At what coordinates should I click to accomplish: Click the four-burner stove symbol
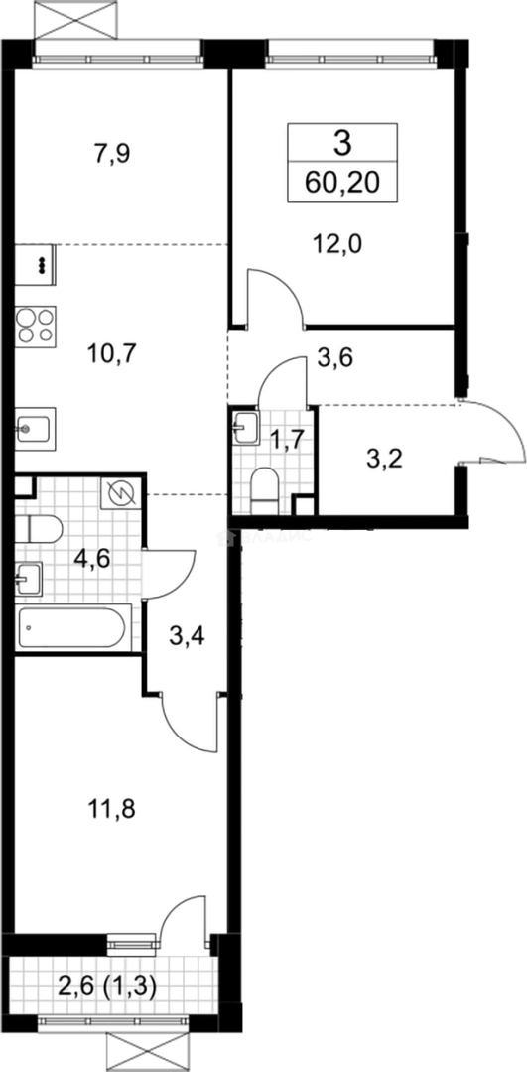point(36,325)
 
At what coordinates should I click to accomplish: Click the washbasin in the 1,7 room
point(245,427)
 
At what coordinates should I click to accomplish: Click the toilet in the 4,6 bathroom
point(39,529)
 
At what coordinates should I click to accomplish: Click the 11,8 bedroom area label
point(112,809)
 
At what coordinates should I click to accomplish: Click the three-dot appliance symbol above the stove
point(42,265)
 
